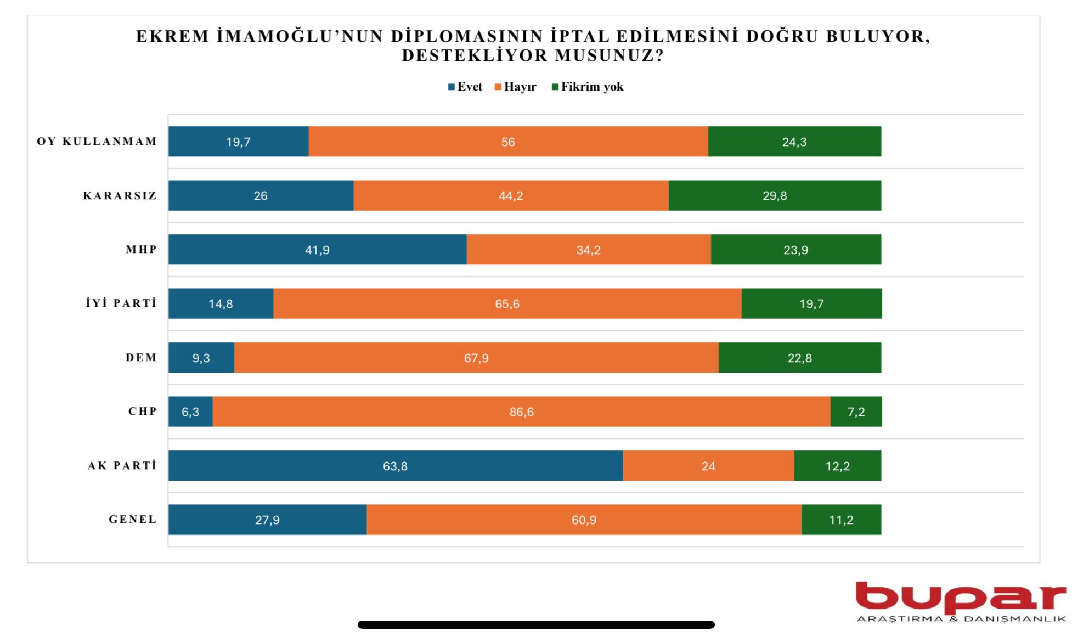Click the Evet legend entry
pos(465,87)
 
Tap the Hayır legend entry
pos(516,87)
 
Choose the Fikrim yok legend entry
pos(588,87)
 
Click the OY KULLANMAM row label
pos(97,142)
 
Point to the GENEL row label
pos(133,520)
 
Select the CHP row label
pos(143,412)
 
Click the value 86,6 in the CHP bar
pos(521,412)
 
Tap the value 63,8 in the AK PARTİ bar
pos(395,466)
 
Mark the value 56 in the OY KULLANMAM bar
pos(507,142)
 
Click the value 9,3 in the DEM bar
pos(201,358)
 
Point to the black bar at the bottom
pos(536,624)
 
